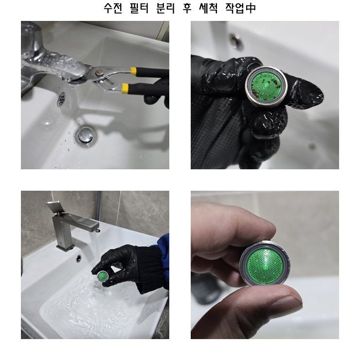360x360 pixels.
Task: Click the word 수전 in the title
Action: click(x=113, y=8)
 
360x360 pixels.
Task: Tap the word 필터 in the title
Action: click(x=139, y=8)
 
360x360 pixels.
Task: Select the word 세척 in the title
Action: click(x=209, y=8)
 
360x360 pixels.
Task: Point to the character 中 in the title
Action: click(x=251, y=8)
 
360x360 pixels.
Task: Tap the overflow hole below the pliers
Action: click(x=61, y=99)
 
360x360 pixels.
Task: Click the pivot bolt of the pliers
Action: click(x=99, y=73)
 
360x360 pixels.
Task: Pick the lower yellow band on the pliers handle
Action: click(x=125, y=88)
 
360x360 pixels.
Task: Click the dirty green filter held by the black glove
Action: click(x=266, y=87)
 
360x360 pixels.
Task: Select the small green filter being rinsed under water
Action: click(x=102, y=276)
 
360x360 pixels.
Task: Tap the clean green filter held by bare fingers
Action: click(x=265, y=264)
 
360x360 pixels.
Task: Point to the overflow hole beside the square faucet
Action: click(x=79, y=258)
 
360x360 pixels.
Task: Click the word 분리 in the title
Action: click(x=165, y=8)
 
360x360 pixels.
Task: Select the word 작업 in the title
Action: click(x=234, y=8)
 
